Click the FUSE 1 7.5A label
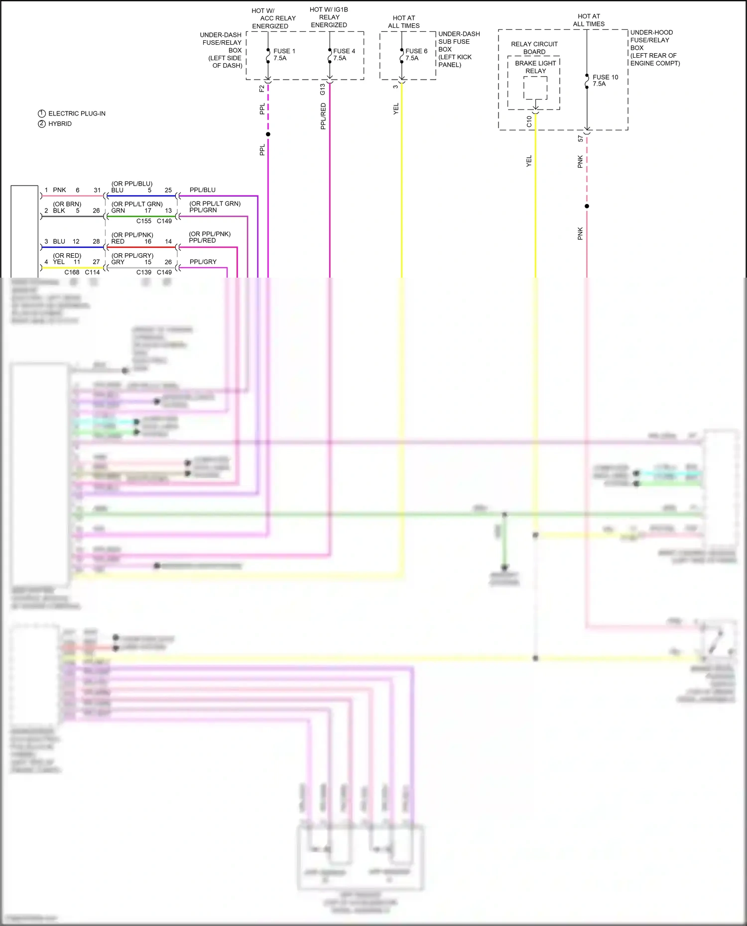point(284,55)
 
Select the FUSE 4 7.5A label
point(344,55)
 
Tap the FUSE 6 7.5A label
point(416,55)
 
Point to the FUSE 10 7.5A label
point(605,81)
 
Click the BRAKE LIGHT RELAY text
point(535,67)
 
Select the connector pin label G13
point(323,90)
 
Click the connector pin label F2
point(262,89)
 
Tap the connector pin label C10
point(529,121)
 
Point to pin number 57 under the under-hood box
point(581,139)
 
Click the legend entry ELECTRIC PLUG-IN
point(77,113)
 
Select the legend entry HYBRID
point(60,124)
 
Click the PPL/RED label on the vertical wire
point(323,116)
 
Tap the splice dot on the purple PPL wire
point(268,134)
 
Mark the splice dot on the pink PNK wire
point(587,206)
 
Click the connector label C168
point(72,272)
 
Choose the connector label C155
point(144,221)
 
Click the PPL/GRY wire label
point(203,262)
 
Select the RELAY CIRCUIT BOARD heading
point(534,48)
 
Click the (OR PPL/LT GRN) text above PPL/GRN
point(215,204)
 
